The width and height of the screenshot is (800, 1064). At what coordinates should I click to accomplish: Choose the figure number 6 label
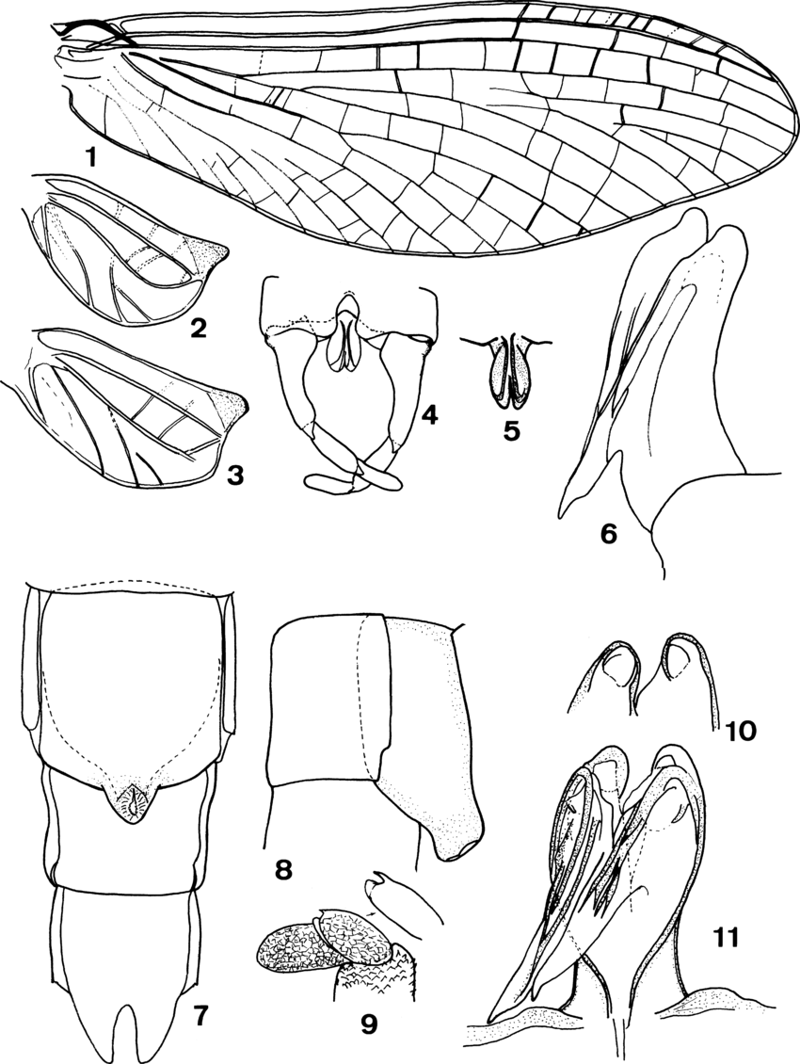coord(611,534)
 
